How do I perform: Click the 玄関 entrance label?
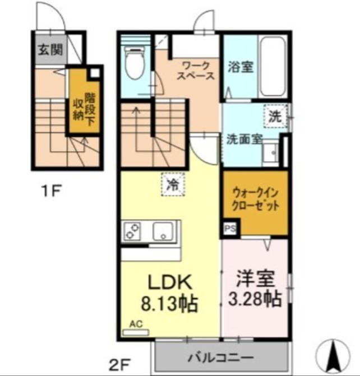50,49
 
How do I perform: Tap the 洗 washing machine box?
275,117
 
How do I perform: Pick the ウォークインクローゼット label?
255,199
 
